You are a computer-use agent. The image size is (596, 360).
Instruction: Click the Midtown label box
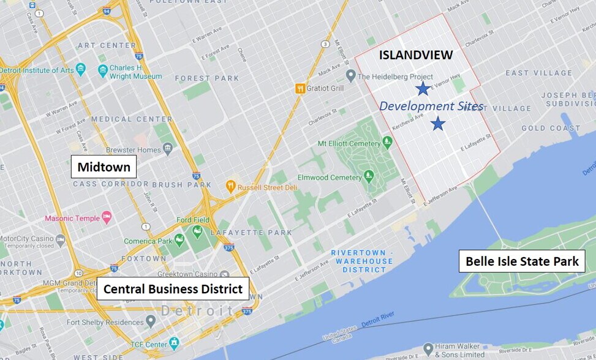click(x=104, y=167)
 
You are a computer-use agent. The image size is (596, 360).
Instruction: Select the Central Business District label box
click(x=173, y=288)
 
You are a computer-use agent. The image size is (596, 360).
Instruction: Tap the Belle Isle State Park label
click(x=522, y=261)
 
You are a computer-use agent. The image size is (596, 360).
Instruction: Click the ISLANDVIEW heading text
click(x=416, y=55)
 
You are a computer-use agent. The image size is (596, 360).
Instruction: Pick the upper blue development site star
click(x=423, y=89)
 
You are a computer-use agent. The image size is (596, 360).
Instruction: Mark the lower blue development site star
click(x=437, y=124)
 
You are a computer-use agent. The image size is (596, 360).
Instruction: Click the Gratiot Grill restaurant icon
click(x=300, y=88)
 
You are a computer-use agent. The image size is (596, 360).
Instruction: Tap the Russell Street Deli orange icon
click(x=231, y=185)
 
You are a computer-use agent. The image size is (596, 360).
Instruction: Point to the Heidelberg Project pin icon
click(x=350, y=77)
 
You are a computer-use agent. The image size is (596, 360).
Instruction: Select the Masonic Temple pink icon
click(x=107, y=217)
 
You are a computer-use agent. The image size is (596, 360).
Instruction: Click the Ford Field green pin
click(x=197, y=231)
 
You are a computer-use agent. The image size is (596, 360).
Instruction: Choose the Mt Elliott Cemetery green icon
click(x=387, y=142)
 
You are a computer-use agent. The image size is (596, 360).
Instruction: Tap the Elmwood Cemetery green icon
click(x=369, y=177)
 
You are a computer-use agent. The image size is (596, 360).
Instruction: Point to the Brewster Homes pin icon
click(x=168, y=149)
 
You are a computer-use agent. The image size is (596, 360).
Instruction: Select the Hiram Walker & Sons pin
click(x=428, y=349)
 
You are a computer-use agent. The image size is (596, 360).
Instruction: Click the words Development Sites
click(x=431, y=106)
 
